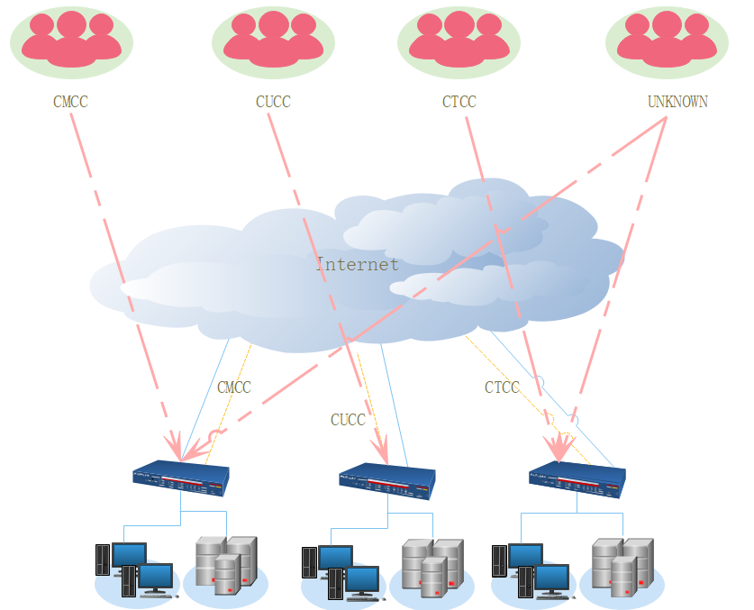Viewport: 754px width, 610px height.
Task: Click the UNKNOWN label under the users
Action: coord(677,102)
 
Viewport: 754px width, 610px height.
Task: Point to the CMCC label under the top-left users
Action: coord(71,102)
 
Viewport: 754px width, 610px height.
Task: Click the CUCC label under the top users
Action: coord(273,102)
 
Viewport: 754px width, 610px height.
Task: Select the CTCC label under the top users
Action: coord(459,102)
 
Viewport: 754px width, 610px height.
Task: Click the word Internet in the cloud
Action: coord(357,265)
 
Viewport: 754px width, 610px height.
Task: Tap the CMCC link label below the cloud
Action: coord(234,387)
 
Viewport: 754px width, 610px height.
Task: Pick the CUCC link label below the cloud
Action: coord(348,420)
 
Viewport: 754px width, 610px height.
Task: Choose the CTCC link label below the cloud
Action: coord(502,387)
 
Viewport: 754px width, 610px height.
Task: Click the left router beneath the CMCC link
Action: coord(180,479)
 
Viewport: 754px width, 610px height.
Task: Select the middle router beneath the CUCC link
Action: coord(387,481)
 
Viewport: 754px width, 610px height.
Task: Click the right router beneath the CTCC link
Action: coord(577,480)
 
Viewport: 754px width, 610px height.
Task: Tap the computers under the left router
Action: coord(133,569)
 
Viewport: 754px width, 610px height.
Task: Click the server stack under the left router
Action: coord(225,565)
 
